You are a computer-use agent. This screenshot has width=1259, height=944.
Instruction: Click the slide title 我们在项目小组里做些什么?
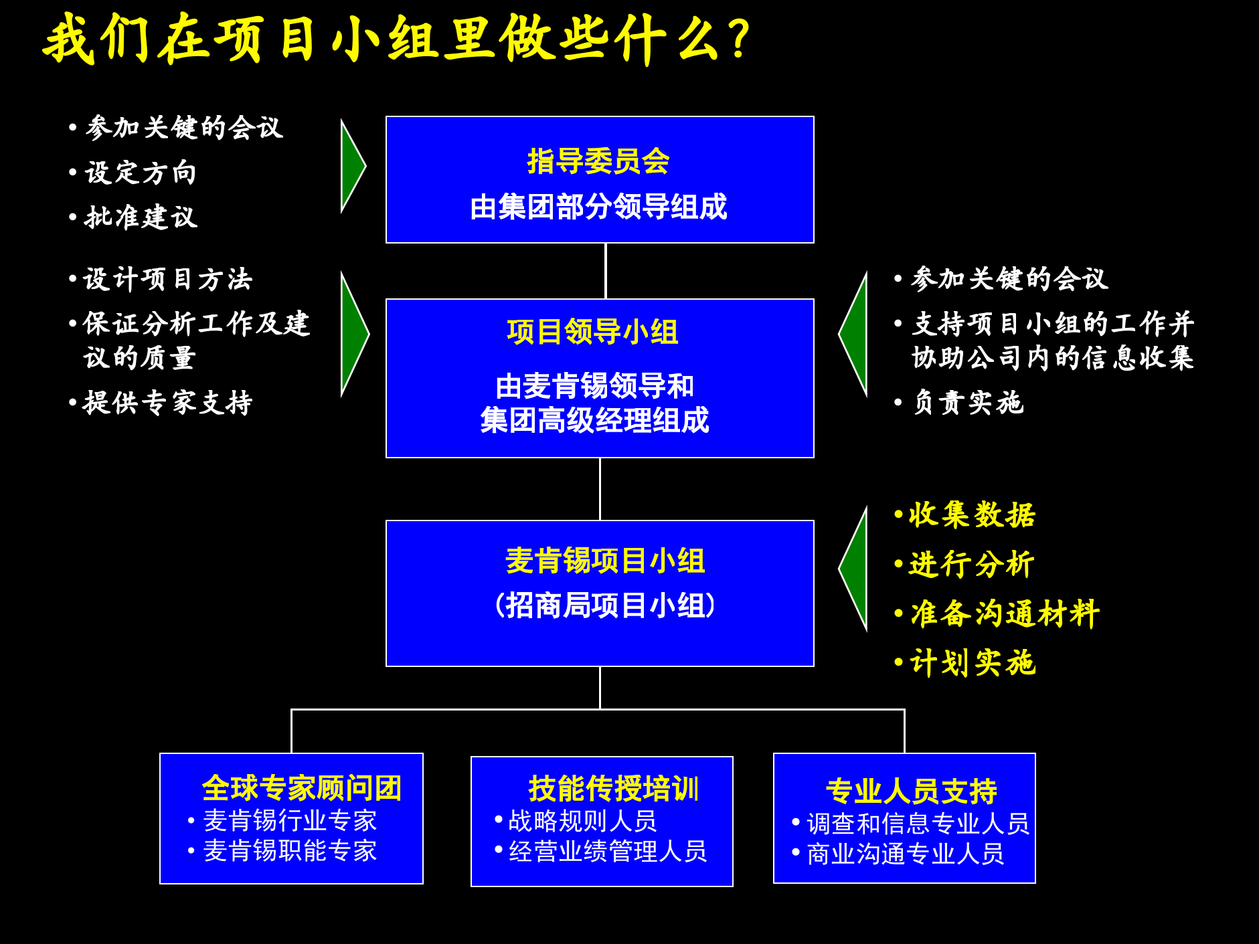click(x=398, y=39)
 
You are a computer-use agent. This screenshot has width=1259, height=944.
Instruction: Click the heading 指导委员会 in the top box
click(x=598, y=161)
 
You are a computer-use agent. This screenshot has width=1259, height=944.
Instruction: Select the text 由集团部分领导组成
click(x=598, y=207)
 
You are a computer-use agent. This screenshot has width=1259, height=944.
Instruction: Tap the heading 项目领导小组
click(x=592, y=332)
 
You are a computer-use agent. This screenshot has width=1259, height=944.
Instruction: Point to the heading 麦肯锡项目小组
click(x=605, y=561)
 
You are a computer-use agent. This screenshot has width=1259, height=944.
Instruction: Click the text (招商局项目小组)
click(x=605, y=605)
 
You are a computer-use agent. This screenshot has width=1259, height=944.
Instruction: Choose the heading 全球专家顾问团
click(x=302, y=788)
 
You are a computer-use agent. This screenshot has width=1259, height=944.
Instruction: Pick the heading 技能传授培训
click(x=613, y=789)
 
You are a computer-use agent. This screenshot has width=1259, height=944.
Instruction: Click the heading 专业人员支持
click(x=912, y=791)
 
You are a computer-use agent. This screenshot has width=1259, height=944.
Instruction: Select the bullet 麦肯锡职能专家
click(x=290, y=851)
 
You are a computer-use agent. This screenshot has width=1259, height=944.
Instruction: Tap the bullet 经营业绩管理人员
click(x=608, y=852)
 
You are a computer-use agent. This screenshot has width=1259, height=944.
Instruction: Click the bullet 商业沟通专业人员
click(x=906, y=854)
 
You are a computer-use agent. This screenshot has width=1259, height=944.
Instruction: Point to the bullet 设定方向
click(x=141, y=173)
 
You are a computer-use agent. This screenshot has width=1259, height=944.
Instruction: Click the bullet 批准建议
click(x=141, y=217)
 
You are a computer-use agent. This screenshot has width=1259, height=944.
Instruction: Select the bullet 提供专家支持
click(x=167, y=403)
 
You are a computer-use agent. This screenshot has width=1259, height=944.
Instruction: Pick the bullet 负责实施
click(x=968, y=403)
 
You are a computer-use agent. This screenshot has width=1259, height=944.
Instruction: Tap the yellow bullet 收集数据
click(x=972, y=515)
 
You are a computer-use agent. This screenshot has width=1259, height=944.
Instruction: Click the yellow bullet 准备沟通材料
click(x=1005, y=613)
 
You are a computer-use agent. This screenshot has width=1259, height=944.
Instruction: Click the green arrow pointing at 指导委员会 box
click(x=352, y=166)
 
